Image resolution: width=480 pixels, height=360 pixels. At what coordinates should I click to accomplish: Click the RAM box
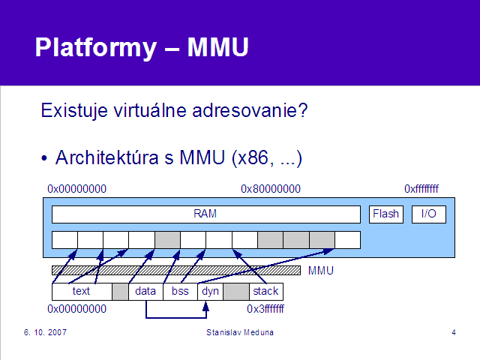(206, 214)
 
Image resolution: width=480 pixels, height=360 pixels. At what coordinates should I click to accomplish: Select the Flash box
(386, 214)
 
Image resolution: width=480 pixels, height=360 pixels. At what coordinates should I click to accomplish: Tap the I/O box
(428, 214)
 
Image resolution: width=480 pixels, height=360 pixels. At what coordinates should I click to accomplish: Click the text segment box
(82, 292)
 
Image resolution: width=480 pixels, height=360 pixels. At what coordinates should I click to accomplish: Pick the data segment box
(145, 292)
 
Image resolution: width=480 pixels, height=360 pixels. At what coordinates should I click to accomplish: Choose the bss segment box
(180, 292)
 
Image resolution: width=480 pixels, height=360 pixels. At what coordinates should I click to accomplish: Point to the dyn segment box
(210, 292)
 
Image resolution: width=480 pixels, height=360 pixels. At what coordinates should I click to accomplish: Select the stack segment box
(266, 292)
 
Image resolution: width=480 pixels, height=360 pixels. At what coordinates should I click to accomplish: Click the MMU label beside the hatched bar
(321, 271)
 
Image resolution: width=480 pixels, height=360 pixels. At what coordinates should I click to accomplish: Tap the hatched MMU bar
(176, 270)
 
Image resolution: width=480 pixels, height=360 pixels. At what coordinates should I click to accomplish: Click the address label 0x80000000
(271, 189)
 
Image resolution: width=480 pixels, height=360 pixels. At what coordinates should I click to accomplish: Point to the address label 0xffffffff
(421, 189)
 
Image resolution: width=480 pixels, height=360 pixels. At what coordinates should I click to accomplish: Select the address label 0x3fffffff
(265, 309)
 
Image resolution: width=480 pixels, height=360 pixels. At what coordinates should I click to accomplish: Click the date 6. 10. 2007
(45, 332)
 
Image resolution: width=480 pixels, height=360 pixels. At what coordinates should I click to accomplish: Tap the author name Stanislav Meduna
(240, 332)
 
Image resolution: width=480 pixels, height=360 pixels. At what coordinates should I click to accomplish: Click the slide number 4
(454, 332)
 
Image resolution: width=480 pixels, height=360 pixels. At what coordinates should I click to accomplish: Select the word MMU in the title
(217, 47)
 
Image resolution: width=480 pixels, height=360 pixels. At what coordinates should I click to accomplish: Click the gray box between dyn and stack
(236, 292)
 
